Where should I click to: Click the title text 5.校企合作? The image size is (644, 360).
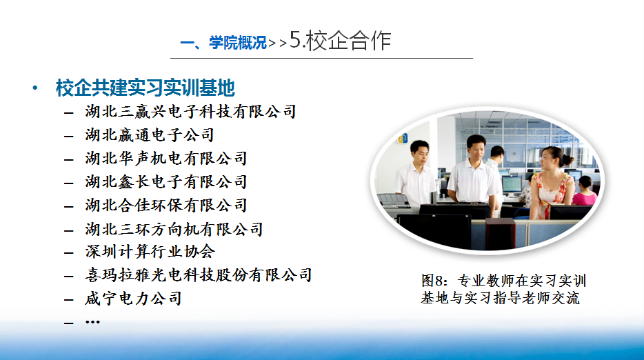(x=340, y=40)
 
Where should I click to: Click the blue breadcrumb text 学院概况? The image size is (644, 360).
(x=238, y=42)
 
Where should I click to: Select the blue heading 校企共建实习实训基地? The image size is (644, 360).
(x=145, y=88)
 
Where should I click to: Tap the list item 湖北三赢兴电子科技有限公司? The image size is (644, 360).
(x=190, y=111)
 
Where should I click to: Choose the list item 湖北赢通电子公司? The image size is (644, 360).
(x=150, y=134)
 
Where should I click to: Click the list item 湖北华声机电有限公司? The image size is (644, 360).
(x=166, y=158)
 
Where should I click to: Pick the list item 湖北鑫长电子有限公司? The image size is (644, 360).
(x=166, y=181)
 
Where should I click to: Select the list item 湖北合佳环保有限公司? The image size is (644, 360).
(x=166, y=205)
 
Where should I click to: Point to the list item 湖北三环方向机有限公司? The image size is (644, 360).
(x=174, y=229)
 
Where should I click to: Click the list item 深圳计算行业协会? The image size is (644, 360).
(x=150, y=252)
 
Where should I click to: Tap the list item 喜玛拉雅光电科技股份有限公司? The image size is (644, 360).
(x=199, y=275)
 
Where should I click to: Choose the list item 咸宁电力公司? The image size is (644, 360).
(x=133, y=299)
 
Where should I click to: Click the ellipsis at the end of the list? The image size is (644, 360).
(x=92, y=322)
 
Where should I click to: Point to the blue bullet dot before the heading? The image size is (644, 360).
(x=35, y=88)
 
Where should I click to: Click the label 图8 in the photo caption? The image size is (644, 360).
(x=434, y=281)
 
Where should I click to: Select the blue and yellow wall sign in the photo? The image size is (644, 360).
(x=403, y=139)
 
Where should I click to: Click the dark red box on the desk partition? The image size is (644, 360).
(x=500, y=233)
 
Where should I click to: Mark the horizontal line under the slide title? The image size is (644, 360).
(x=321, y=59)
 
